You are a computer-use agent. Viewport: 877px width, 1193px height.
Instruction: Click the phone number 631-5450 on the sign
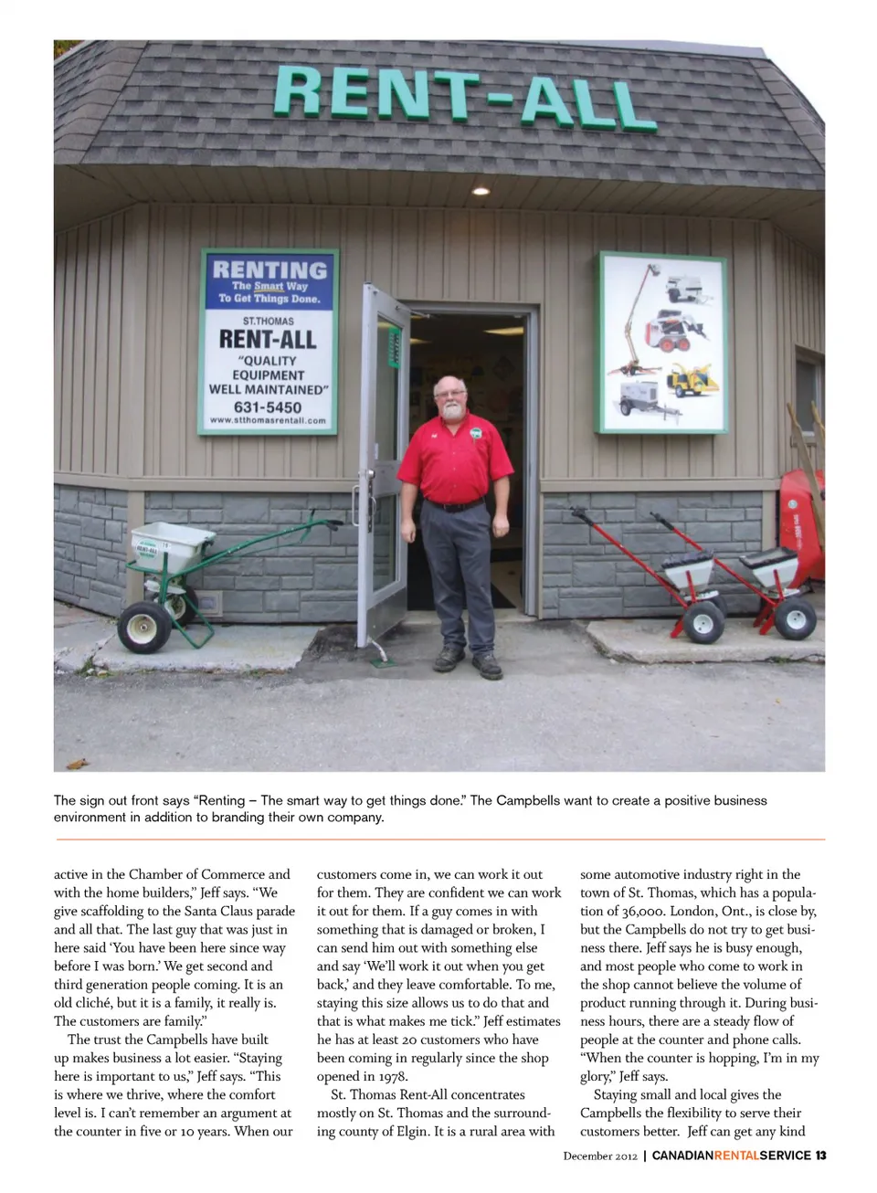pos(267,407)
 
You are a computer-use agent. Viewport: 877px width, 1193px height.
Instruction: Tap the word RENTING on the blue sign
pos(269,270)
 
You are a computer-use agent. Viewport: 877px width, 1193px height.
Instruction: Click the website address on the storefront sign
pos(267,421)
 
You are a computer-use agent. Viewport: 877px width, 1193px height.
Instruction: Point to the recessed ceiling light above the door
pos(480,191)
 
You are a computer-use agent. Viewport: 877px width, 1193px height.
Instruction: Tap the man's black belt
pos(454,504)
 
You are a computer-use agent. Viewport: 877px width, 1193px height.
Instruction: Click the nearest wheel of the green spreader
pos(144,627)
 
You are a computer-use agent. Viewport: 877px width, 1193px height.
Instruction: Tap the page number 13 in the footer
pos(820,1156)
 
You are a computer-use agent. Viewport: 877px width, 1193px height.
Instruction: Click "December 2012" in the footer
pos(600,1156)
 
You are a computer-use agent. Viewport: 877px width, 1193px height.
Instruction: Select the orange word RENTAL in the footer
pos(735,1156)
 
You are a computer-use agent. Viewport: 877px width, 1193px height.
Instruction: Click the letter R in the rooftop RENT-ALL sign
pos(300,90)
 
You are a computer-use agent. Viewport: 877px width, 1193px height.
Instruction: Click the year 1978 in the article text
pos(393,1076)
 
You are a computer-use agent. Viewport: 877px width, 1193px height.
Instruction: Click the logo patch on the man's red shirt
pos(475,432)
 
